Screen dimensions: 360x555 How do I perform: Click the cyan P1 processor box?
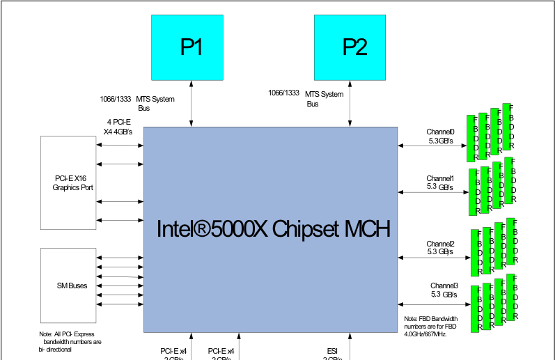pos(191,47)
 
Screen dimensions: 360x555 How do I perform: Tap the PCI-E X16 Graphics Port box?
pos(69,182)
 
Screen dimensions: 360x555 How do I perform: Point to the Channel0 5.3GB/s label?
pos(440,136)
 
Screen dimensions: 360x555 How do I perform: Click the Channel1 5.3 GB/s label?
pos(440,182)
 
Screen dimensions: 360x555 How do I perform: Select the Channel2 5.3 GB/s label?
pos(440,247)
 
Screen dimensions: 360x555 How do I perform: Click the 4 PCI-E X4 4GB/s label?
pos(118,126)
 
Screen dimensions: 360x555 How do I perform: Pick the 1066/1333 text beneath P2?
pos(284,93)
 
